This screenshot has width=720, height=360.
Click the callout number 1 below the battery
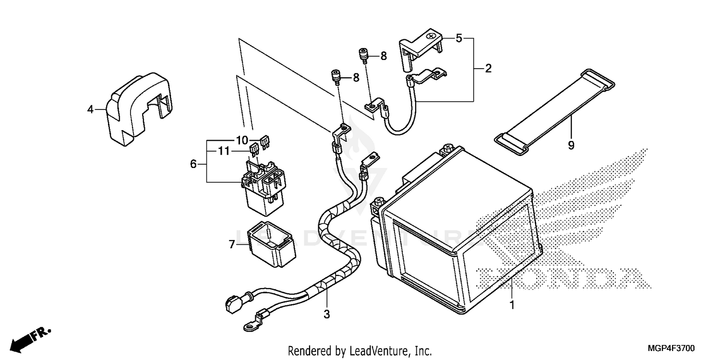(512, 305)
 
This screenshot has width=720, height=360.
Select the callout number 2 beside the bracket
(488, 69)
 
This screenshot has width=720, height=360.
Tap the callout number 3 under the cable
(326, 315)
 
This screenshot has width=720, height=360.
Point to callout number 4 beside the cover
(90, 109)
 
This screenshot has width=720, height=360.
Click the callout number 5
(459, 38)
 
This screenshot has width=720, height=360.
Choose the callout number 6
(193, 164)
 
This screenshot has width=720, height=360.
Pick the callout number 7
(232, 245)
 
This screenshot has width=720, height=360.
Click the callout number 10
(241, 140)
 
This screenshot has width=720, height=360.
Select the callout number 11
(222, 151)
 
